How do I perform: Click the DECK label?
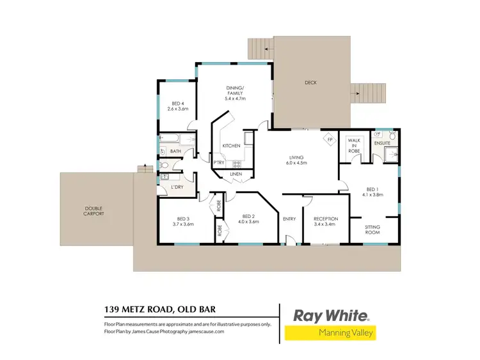tap(311, 82)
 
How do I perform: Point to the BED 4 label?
tap(177, 104)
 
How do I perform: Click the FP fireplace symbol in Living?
tap(330, 139)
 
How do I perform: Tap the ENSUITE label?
tap(383, 143)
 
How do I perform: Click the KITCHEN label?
tap(231, 146)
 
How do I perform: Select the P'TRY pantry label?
tap(218, 162)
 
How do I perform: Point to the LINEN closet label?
tap(236, 174)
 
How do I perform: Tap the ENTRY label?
tap(289, 219)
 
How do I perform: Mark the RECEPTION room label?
tap(326, 219)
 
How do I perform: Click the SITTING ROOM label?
tap(372, 229)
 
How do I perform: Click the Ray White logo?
tap(330, 315)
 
